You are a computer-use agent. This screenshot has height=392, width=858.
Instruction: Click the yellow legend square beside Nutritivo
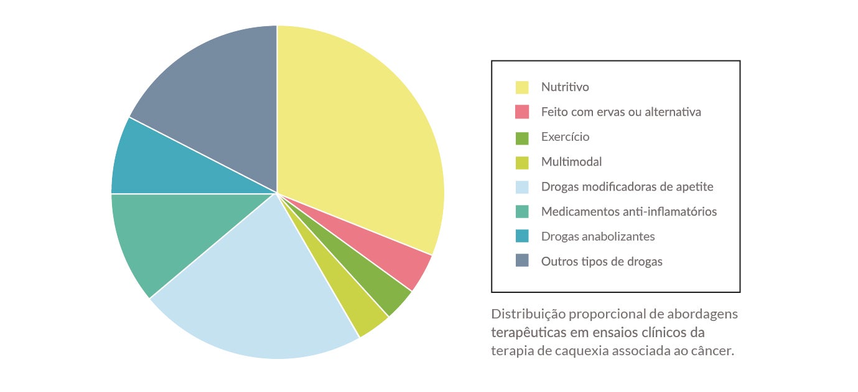[522, 87]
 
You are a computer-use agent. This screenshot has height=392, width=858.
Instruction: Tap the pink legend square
[522, 112]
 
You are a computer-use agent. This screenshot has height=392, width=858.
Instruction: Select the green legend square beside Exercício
[522, 137]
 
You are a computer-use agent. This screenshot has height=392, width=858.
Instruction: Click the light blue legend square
[522, 187]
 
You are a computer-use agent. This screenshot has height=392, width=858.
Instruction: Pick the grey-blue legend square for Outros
[522, 262]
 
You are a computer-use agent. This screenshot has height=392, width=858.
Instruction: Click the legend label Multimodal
[571, 162]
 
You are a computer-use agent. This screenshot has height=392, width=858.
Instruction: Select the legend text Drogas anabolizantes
[597, 237]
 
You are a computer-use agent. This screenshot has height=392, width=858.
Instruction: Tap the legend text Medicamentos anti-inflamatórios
[628, 212]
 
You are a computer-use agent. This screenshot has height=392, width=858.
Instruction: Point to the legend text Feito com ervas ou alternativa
[620, 112]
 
